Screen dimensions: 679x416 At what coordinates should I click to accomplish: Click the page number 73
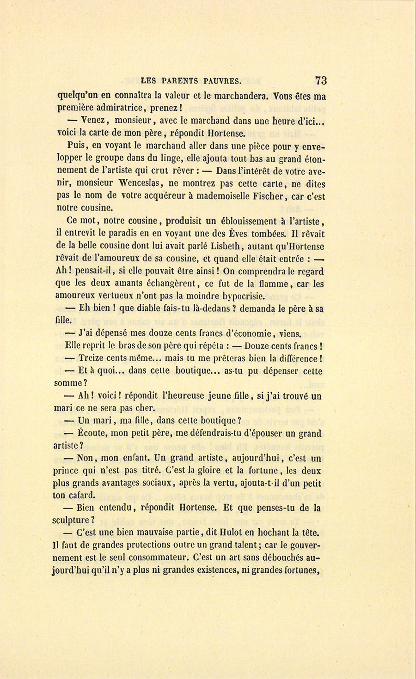[321, 80]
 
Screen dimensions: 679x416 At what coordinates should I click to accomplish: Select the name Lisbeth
[223, 247]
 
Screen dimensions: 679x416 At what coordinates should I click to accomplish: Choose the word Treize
[92, 358]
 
